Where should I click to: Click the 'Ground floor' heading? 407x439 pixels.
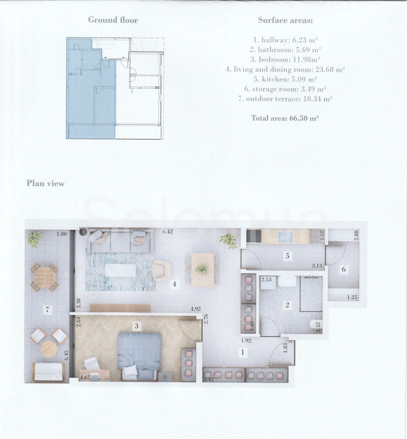tap(113, 20)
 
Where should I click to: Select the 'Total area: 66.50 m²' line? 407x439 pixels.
tap(285, 118)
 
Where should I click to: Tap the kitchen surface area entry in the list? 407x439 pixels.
tap(285, 79)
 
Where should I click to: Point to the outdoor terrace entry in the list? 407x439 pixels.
tap(285, 99)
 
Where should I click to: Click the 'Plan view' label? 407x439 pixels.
tap(45, 183)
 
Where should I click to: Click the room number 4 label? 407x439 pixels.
tap(175, 284)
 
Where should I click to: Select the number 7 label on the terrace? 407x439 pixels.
tap(47, 310)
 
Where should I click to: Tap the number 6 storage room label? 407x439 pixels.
tap(344, 269)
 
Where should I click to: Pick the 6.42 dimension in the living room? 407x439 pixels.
tap(168, 232)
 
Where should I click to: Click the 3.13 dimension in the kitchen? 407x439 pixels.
tap(317, 266)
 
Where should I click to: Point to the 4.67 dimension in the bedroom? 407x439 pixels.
tap(85, 377)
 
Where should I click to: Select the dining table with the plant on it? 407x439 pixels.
tap(202, 270)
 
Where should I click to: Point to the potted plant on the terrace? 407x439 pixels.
tap(34, 238)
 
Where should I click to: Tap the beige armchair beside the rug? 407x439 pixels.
tap(162, 271)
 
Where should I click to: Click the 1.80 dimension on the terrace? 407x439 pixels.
tap(62, 234)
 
